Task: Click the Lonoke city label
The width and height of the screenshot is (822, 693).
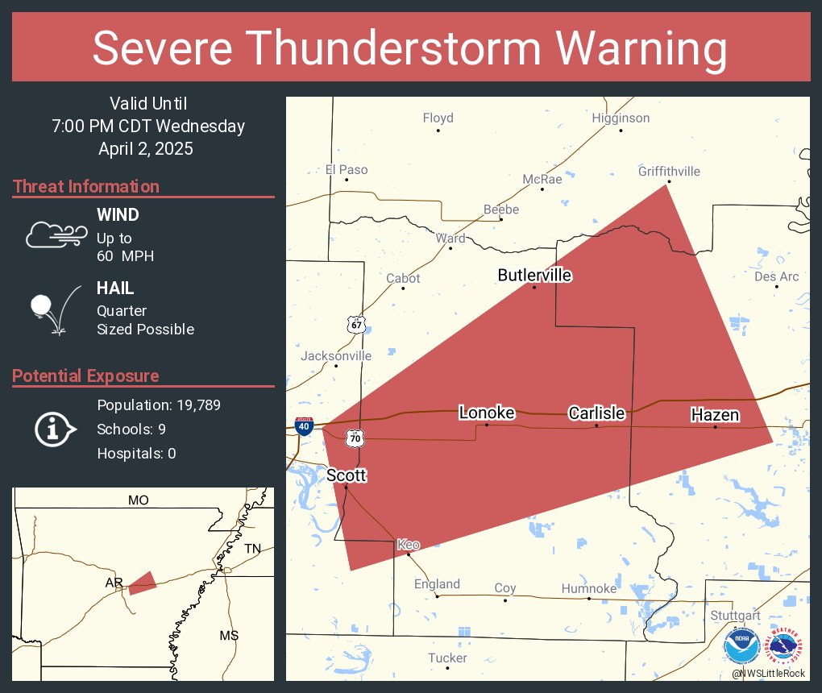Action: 486,413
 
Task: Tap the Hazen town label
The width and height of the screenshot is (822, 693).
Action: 715,415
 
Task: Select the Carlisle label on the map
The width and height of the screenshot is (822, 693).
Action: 596,413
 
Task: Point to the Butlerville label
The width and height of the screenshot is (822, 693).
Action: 534,276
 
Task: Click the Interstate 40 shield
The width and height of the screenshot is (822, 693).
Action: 304,427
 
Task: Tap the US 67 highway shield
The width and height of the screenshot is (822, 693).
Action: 355,324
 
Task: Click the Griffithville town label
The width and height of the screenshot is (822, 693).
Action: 669,172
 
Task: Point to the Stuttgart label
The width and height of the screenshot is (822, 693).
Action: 735,616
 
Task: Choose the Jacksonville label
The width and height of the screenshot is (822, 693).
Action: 336,356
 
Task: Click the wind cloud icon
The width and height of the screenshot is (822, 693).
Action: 55,234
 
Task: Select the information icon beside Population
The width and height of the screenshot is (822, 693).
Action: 54,429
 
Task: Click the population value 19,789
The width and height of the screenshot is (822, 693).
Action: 192,405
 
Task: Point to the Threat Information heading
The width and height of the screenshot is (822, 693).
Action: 86,187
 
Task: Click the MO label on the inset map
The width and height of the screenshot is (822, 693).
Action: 138,500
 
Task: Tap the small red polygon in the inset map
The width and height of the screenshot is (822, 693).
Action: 143,583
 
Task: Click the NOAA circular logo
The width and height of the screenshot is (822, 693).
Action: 741,647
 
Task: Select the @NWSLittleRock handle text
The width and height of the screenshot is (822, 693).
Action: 769,673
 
